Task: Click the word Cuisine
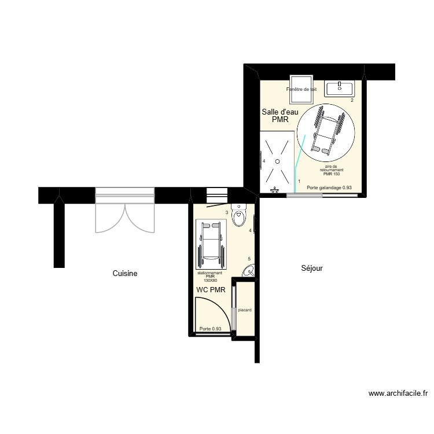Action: tap(125, 274)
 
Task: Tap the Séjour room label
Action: tap(312, 268)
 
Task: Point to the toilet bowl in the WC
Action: tap(238, 216)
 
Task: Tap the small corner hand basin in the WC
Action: tap(249, 271)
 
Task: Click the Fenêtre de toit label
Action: tap(301, 90)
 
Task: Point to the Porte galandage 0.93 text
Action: tap(329, 188)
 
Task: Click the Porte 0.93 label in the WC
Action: tap(211, 329)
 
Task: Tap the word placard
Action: tap(245, 310)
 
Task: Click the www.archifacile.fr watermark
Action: tap(398, 394)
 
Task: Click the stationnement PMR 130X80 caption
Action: tap(210, 276)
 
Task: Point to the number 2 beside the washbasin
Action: tap(351, 100)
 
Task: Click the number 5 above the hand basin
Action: tap(249, 259)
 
